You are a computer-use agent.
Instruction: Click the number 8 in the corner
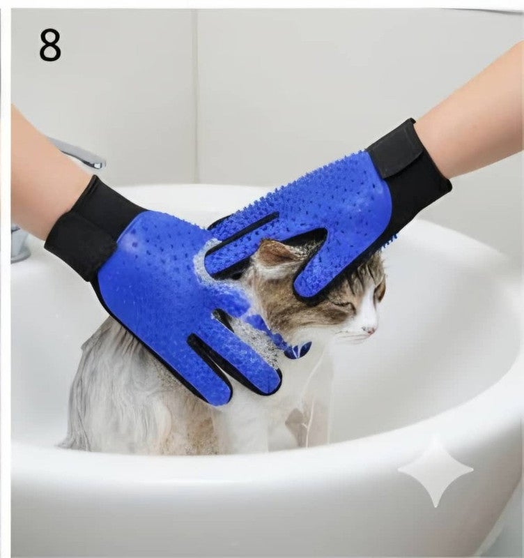50,46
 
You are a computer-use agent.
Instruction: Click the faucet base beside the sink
20,244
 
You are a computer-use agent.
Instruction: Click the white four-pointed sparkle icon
435,472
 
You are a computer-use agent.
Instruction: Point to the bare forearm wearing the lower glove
38,174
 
